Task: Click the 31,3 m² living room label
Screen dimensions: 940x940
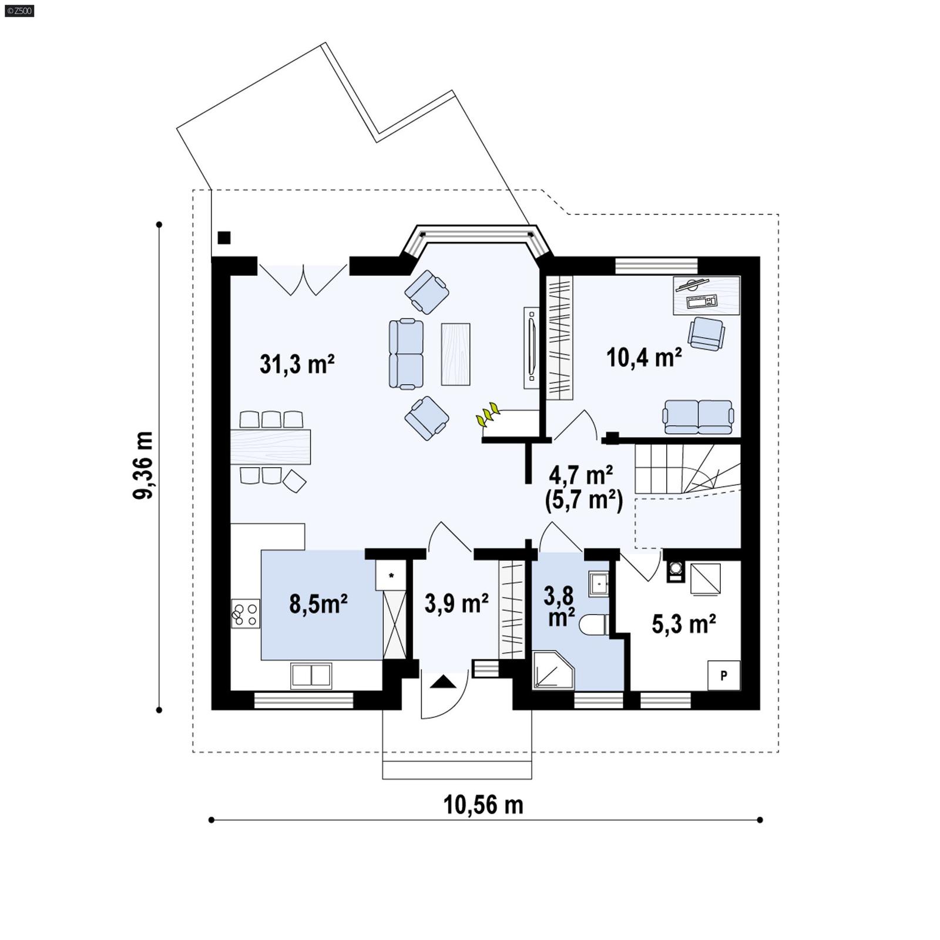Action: click(297, 364)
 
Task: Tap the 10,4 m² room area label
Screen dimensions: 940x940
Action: click(644, 357)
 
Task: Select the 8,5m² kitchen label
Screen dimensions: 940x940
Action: click(318, 603)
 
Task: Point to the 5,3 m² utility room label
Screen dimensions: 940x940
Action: click(683, 624)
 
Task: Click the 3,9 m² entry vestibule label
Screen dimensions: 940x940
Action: click(456, 603)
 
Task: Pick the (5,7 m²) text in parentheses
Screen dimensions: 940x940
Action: click(583, 501)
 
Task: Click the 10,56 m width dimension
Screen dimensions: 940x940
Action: click(483, 804)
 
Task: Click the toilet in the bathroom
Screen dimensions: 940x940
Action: click(594, 625)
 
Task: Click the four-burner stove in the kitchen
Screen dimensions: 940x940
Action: click(246, 613)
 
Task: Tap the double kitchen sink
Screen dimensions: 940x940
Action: click(311, 675)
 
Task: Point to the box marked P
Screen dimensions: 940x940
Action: click(723, 675)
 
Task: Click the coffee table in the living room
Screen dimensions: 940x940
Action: click(455, 354)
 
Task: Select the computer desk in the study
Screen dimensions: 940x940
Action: click(706, 296)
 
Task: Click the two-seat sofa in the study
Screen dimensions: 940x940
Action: click(698, 417)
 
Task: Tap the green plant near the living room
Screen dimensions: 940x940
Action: click(487, 415)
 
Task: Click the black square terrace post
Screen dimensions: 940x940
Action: click(224, 238)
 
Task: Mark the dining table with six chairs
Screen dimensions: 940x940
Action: click(270, 447)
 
